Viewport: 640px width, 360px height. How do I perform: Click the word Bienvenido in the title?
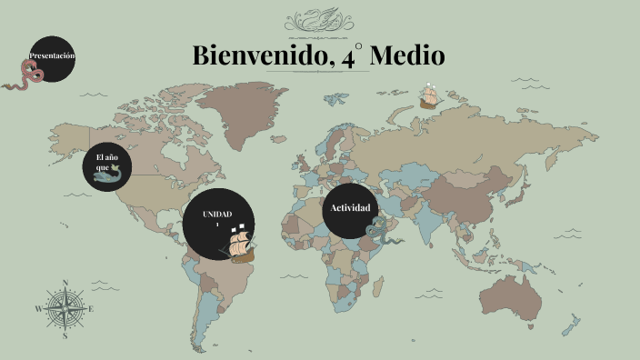point(255,56)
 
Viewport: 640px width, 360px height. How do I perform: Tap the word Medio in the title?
point(408,56)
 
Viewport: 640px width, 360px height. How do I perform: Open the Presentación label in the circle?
point(52,56)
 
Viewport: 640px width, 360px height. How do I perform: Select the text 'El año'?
point(107,158)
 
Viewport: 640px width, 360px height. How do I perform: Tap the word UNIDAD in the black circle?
point(217,214)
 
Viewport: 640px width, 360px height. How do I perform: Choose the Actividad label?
point(350,208)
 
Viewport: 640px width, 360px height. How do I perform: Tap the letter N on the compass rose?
point(65,283)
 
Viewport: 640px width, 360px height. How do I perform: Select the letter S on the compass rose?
point(65,335)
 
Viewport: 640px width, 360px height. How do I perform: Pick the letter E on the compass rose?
point(92,309)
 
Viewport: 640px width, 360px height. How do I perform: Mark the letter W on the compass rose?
point(39,309)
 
